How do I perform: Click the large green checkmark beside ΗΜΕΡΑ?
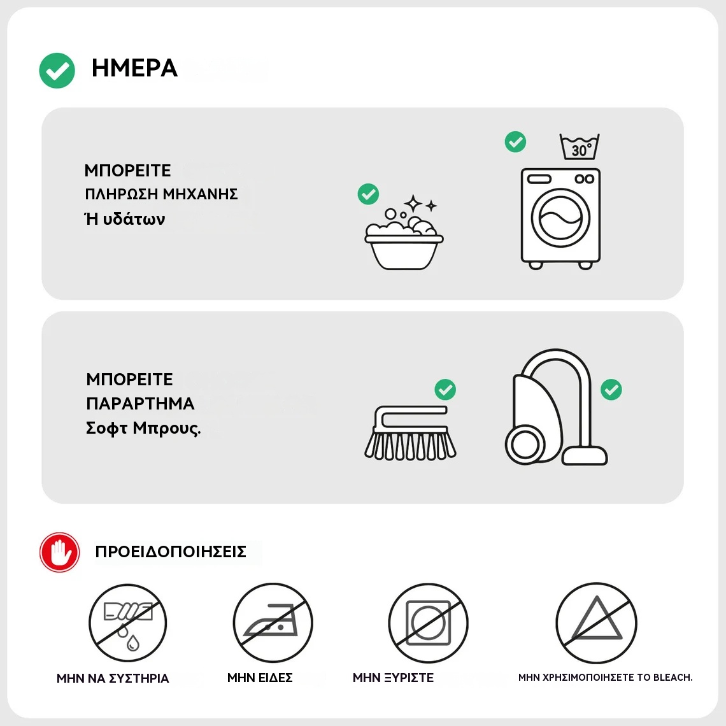click(57, 71)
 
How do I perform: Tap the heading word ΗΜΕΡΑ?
click(134, 68)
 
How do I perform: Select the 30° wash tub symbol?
click(580, 146)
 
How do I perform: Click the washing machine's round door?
click(560, 218)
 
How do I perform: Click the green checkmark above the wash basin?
click(368, 194)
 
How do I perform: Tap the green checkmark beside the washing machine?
click(515, 141)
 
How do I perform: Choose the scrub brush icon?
click(409, 434)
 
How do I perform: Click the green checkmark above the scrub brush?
click(445, 390)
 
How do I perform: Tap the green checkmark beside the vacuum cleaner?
click(611, 390)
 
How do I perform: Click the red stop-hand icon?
click(60, 552)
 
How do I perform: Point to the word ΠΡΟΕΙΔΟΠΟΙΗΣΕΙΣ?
click(171, 552)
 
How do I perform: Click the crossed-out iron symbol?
click(273, 623)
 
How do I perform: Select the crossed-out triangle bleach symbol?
click(596, 623)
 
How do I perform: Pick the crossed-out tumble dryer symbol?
click(429, 623)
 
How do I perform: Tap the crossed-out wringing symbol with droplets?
click(128, 623)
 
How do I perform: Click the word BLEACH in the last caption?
click(673, 678)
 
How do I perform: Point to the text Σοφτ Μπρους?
click(143, 429)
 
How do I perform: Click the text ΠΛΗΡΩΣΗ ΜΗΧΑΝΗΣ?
click(161, 194)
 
